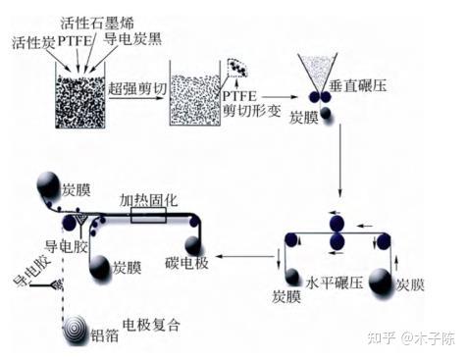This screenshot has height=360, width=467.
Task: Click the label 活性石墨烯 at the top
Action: click(97, 24)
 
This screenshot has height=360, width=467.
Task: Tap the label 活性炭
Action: click(33, 42)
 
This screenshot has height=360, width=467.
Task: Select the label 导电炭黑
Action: click(132, 39)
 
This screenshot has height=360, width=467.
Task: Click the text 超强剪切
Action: click(137, 88)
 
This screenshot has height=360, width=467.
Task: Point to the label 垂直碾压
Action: click(358, 85)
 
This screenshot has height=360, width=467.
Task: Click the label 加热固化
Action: click(148, 200)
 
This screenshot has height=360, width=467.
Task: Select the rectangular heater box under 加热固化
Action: click(148, 215)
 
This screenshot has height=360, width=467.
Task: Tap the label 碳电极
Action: click(186, 263)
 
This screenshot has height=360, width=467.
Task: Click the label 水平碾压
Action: click(335, 283)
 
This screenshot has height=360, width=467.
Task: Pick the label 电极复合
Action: click(151, 325)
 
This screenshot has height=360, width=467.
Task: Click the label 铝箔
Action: click(105, 335)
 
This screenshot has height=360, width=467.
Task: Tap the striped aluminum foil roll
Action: click(76, 331)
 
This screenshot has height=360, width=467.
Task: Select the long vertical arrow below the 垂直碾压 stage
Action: click(340, 160)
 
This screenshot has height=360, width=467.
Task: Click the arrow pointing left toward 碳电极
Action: click(244, 257)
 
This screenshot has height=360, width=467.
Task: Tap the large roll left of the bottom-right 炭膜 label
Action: click(381, 283)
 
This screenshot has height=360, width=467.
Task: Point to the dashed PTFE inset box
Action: click(237, 68)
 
